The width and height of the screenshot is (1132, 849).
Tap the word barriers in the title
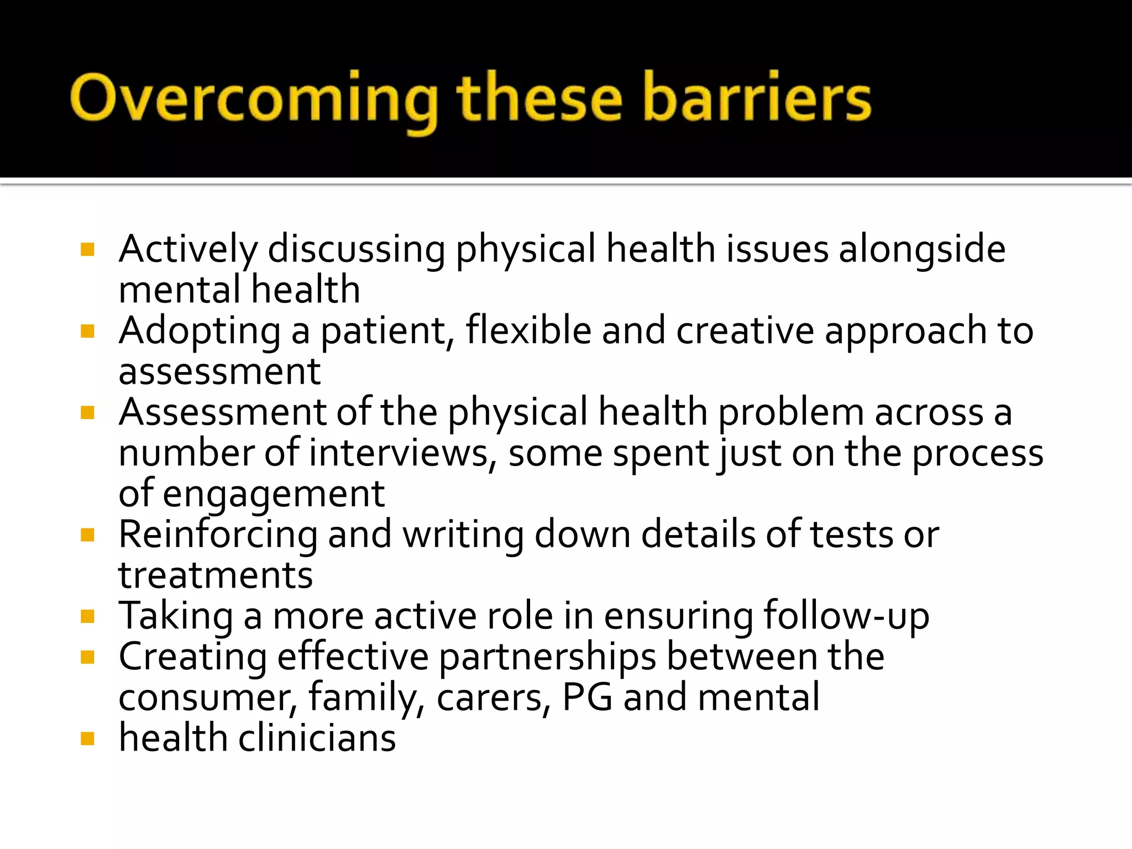point(757,97)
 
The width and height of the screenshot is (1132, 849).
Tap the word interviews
point(399,453)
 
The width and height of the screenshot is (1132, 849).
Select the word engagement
point(274,494)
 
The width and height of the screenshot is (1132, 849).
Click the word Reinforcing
point(218,535)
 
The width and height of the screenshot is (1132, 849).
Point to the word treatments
point(216,575)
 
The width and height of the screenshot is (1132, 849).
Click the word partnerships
point(548,657)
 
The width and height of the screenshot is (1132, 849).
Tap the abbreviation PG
point(587,697)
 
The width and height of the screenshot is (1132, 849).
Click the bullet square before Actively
point(87,249)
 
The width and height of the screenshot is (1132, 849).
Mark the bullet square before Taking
point(87,616)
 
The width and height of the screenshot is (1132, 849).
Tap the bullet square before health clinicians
point(87,738)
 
